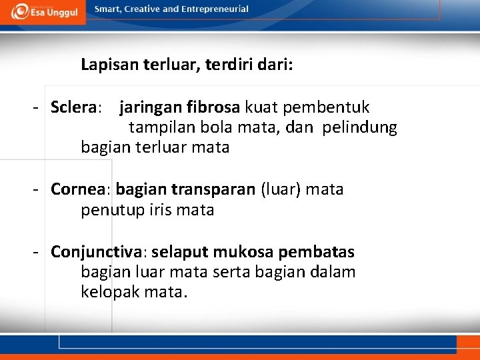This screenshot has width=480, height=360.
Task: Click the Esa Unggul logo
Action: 43,11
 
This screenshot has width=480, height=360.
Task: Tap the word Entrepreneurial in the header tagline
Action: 215,9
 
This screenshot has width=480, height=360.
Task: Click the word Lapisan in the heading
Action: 107,65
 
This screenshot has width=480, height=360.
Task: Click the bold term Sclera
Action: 74,107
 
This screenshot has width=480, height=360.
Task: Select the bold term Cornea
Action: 78,189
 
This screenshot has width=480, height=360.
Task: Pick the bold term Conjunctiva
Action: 97,253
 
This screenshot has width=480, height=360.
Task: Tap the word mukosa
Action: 244,253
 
